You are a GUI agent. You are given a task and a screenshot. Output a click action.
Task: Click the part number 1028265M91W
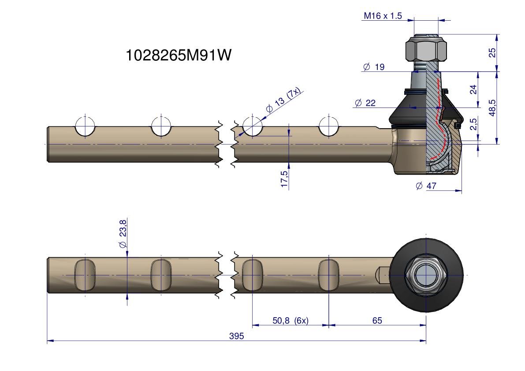click(178, 56)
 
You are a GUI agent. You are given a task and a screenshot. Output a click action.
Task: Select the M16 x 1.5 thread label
click(383, 16)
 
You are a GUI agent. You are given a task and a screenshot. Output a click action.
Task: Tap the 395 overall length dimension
click(236, 336)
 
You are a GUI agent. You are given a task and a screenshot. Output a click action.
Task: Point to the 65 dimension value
click(377, 320)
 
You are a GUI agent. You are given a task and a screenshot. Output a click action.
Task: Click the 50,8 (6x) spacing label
click(290, 320)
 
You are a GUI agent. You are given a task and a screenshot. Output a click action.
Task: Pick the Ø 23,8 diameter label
click(123, 234)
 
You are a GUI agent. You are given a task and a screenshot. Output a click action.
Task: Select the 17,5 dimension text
click(284, 179)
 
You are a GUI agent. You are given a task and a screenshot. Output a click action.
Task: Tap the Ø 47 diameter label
click(426, 186)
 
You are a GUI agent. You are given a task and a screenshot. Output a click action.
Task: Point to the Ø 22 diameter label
click(365, 103)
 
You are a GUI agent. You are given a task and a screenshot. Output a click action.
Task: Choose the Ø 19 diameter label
click(373, 67)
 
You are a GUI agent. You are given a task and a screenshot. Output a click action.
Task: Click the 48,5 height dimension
click(492, 108)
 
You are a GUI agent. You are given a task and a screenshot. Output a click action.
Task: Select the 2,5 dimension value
click(473, 124)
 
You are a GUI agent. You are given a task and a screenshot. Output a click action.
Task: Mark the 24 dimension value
click(473, 89)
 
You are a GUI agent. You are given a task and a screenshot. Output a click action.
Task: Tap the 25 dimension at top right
click(492, 52)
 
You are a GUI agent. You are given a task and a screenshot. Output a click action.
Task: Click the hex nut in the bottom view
click(426, 275)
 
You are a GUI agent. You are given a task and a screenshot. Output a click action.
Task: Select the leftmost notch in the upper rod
click(85, 128)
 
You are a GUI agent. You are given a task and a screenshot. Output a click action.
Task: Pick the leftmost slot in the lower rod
click(85, 275)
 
